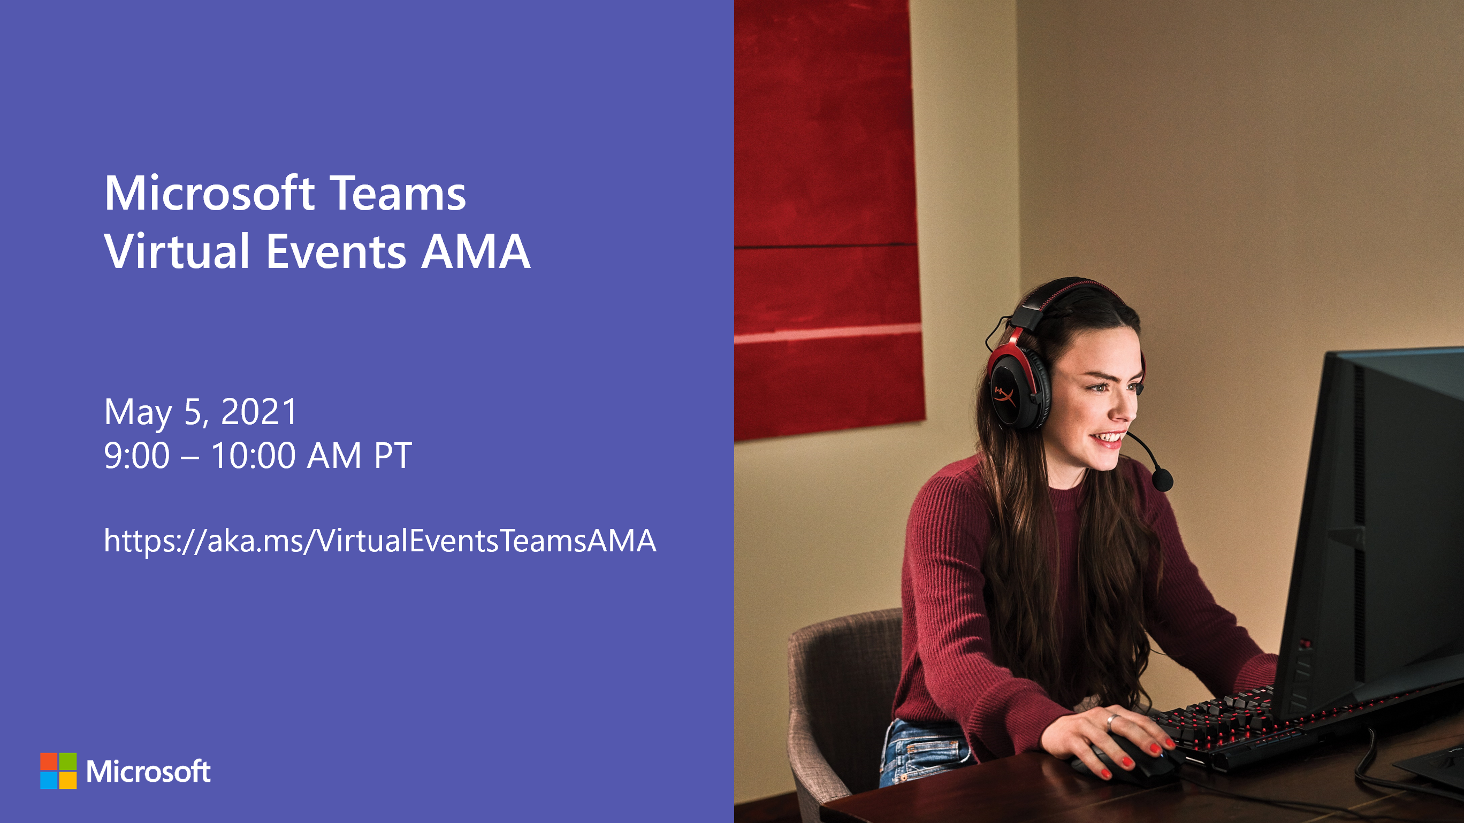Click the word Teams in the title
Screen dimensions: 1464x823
(398, 193)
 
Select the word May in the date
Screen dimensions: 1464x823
(138, 414)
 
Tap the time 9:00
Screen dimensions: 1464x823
(137, 456)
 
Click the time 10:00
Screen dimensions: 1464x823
(254, 456)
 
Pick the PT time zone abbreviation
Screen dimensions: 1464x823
(393, 456)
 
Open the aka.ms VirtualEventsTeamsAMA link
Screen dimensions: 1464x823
(379, 540)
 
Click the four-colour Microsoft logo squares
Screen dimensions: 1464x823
(58, 771)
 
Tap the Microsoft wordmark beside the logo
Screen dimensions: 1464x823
(148, 771)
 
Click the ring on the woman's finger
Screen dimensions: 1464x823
(1111, 722)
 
